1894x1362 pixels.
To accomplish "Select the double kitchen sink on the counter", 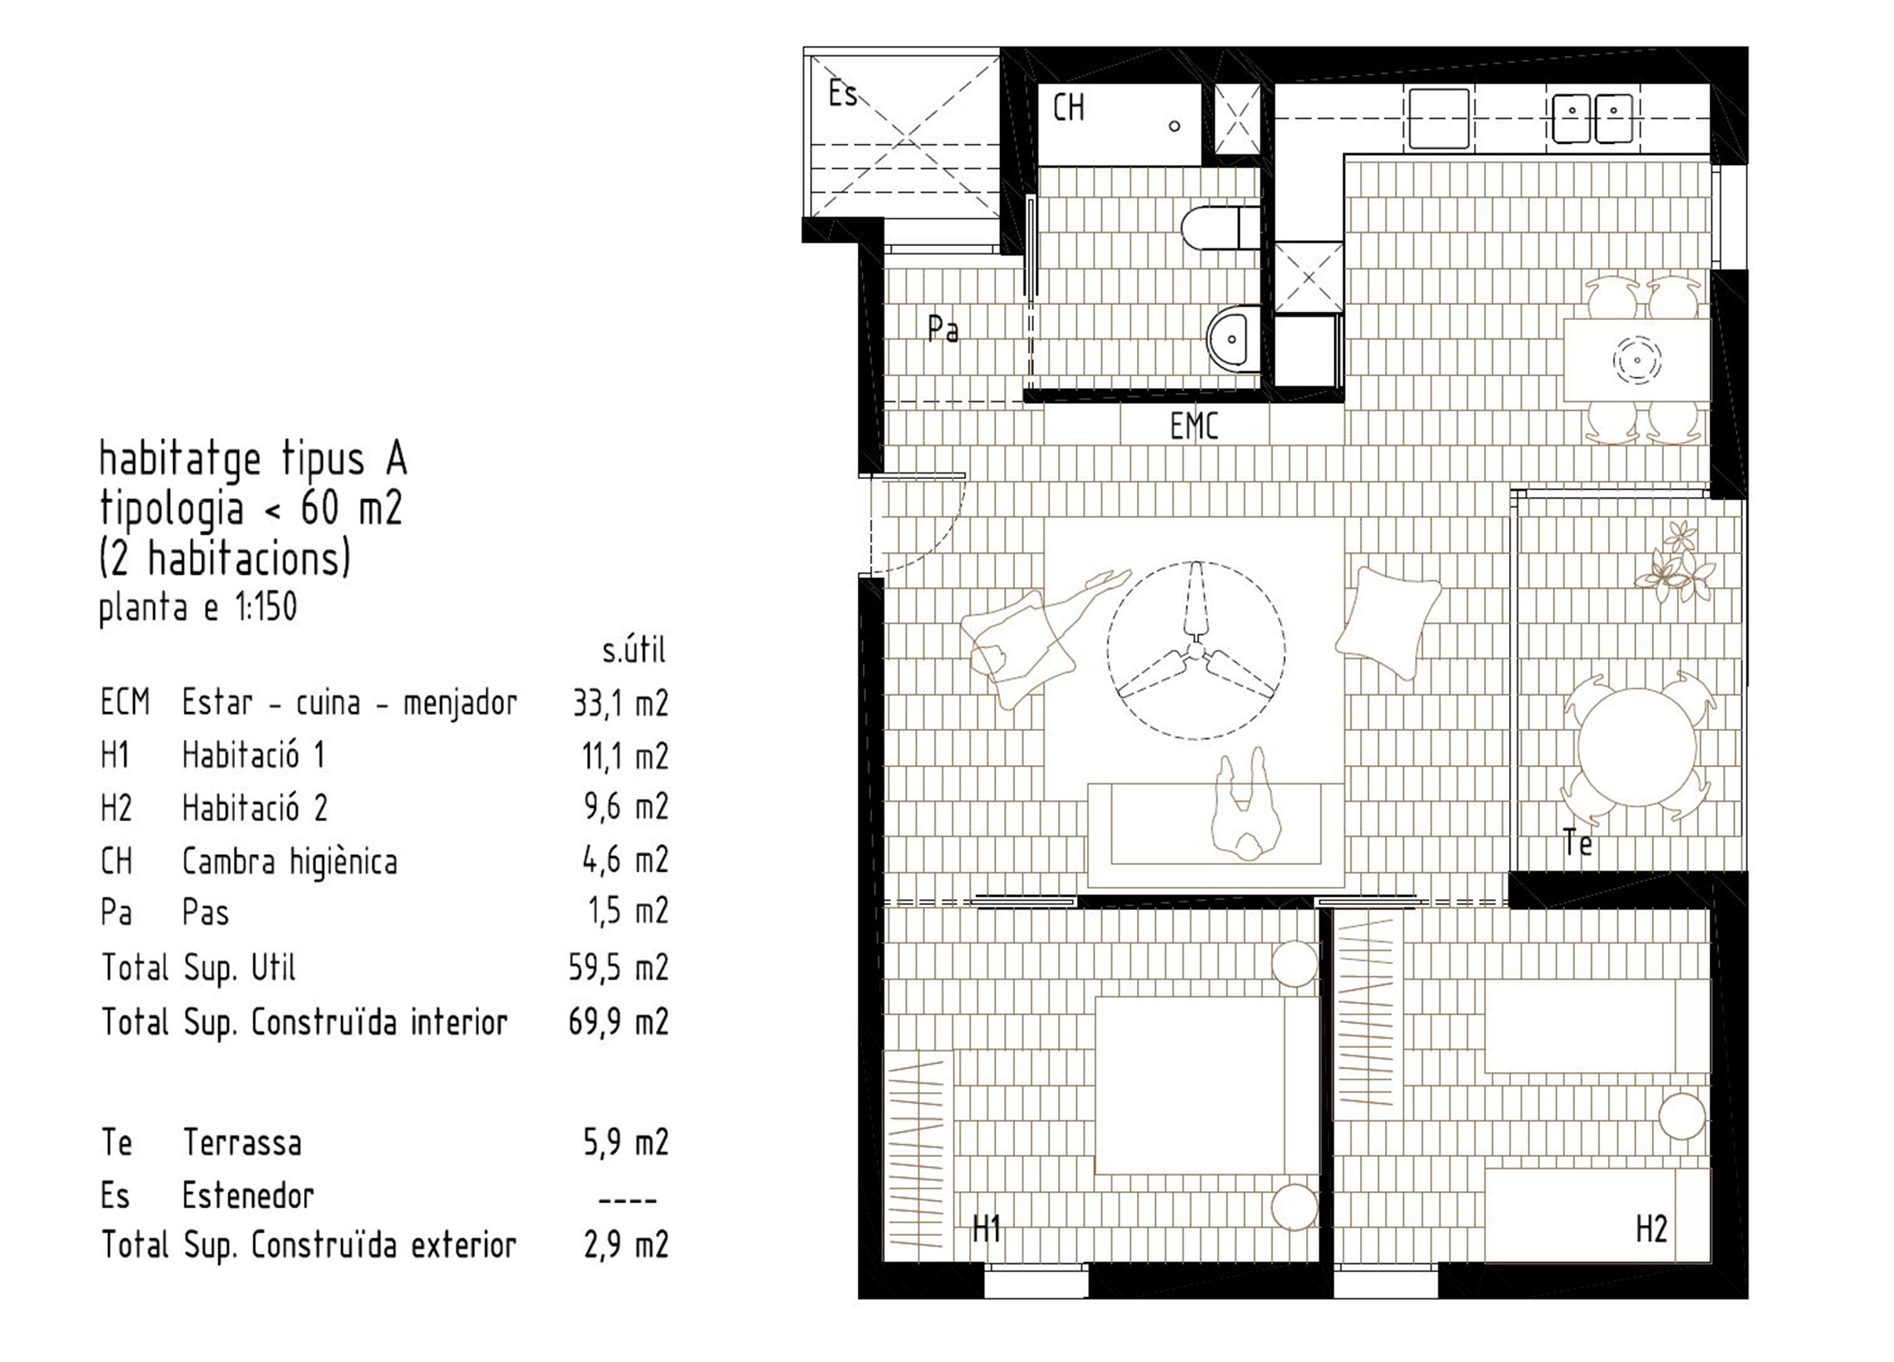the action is (1592, 117).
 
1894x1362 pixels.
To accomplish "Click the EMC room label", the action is (1194, 427).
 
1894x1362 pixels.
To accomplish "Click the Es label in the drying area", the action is (843, 94).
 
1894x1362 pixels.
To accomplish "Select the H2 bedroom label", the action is (1651, 1229).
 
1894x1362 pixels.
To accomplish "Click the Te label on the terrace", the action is (1578, 844).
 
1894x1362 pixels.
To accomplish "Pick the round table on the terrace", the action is (1637, 747).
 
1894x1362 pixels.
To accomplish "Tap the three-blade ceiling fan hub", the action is (1197, 651).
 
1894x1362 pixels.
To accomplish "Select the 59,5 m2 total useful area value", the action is (619, 969).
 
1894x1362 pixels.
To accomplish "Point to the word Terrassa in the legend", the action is (242, 1143).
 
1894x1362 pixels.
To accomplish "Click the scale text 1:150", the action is (265, 608).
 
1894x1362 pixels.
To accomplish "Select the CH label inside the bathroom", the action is (1068, 107).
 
